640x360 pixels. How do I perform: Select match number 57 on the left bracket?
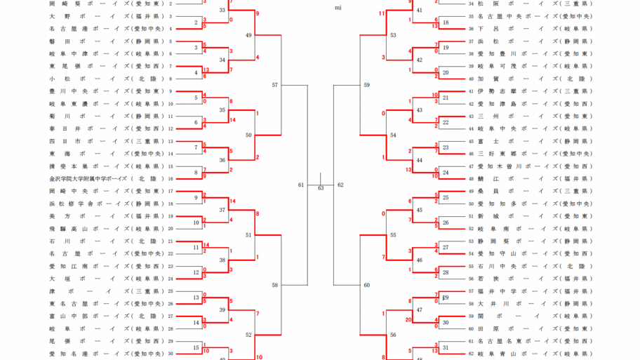[x=275, y=85]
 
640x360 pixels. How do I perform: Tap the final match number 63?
[x=321, y=188]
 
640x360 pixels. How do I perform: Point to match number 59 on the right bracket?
[x=366, y=85]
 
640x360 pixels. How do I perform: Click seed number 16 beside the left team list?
[x=171, y=179]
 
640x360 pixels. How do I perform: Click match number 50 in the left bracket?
[x=249, y=135]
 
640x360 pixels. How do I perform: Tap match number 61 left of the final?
[x=301, y=185]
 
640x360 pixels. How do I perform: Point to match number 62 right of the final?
[x=340, y=185]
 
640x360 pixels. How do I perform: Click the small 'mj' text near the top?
[x=338, y=8]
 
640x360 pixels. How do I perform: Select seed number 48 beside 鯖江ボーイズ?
[x=471, y=179]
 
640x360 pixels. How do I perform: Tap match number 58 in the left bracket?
[x=275, y=285]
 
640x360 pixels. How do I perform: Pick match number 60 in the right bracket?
[x=366, y=285]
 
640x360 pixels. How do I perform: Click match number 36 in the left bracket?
[x=222, y=160]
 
